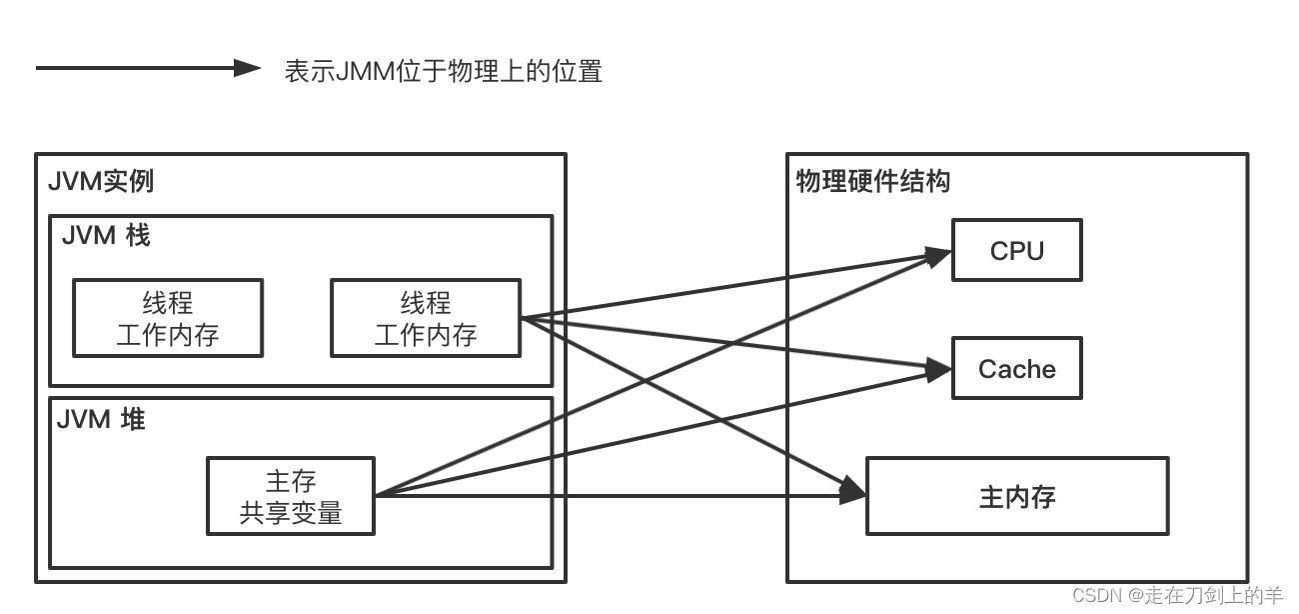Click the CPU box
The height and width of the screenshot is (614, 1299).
click(1016, 251)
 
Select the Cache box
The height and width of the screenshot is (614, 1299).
click(1016, 369)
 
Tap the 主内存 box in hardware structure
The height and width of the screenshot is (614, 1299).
click(1016, 496)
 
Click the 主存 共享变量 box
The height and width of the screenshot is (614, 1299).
click(291, 496)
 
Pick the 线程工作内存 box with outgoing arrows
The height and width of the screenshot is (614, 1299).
click(426, 318)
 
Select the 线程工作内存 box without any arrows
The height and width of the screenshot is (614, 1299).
click(168, 318)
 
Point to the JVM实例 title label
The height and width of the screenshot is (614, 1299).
click(101, 182)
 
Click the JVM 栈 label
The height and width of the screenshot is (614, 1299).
click(106, 236)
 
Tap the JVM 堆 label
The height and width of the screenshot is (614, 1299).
click(101, 419)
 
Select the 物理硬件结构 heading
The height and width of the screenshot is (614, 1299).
click(872, 181)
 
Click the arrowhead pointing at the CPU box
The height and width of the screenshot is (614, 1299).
click(939, 256)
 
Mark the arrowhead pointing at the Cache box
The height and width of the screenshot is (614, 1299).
click(939, 370)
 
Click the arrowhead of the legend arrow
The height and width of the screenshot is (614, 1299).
click(247, 68)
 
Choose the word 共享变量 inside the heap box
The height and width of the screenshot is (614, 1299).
click(291, 513)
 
